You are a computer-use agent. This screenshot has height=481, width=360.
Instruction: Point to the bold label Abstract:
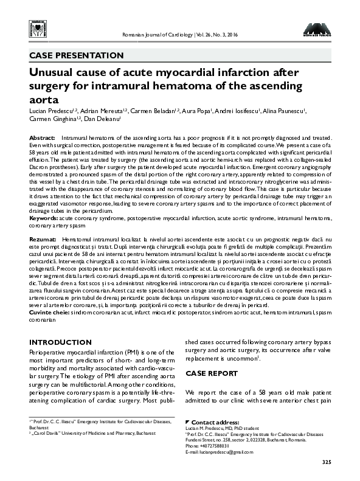[x=43, y=139]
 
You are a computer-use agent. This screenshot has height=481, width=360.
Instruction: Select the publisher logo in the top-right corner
[x=317, y=28]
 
